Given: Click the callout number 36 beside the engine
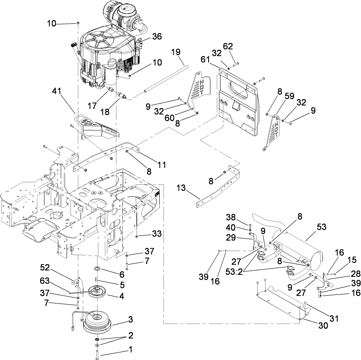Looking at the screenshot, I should coord(157,36).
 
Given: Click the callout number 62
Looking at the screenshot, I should coord(227,45).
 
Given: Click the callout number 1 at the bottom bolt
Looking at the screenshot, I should coord(131,351).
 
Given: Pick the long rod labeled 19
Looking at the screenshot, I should coord(160,78).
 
